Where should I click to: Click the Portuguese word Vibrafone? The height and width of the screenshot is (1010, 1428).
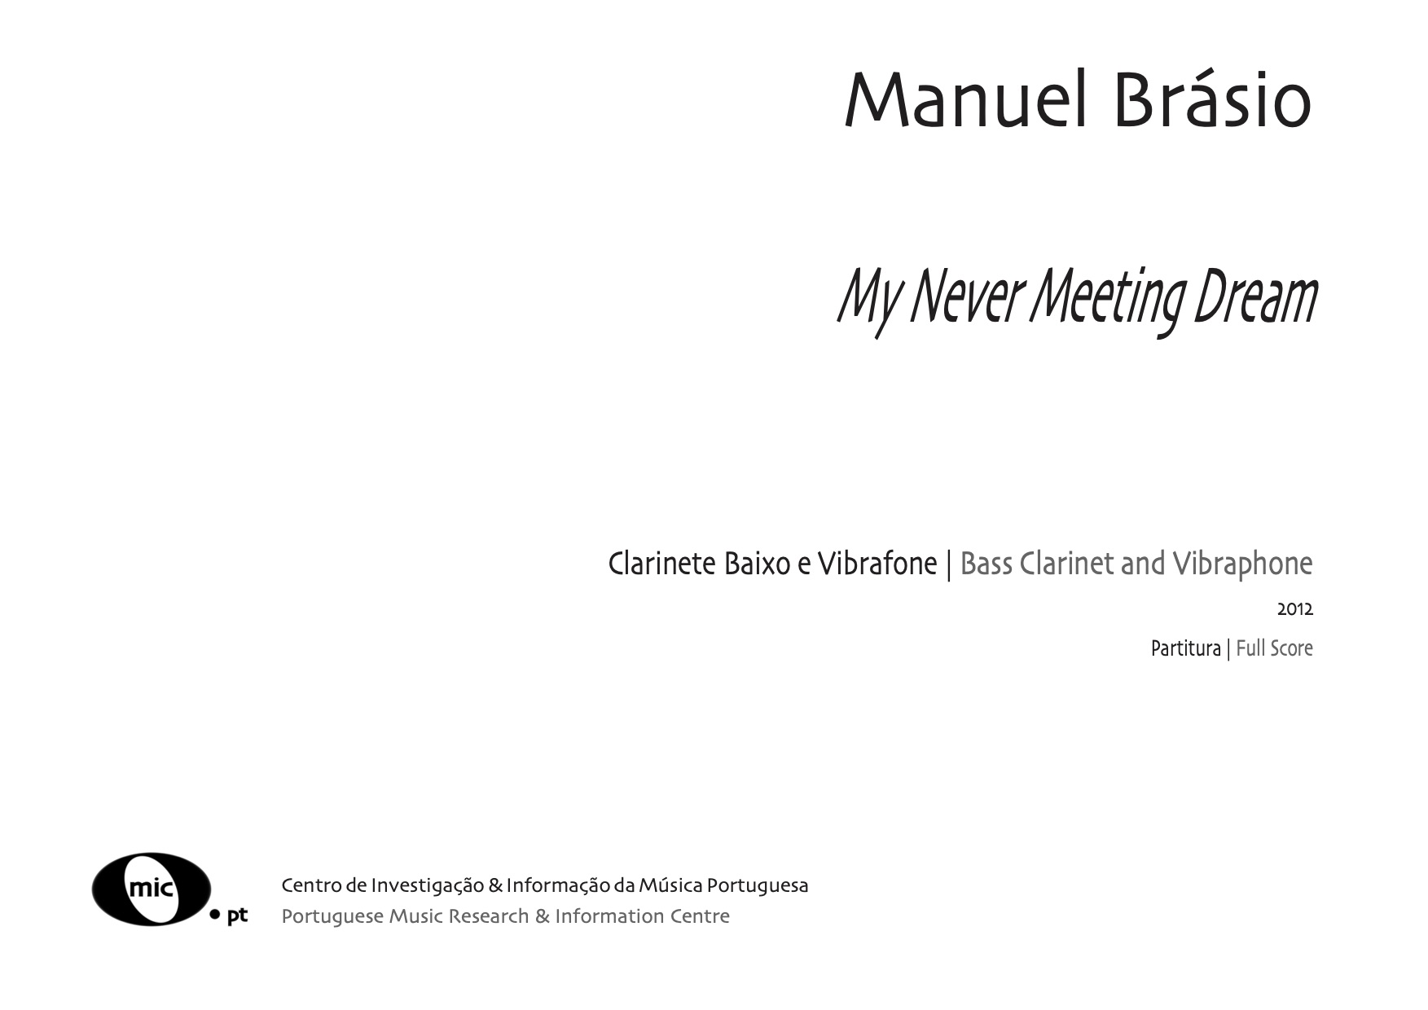pyautogui.click(x=877, y=564)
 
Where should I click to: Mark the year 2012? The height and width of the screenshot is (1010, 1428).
pyautogui.click(x=1295, y=609)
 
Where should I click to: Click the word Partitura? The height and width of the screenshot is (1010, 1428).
pyautogui.click(x=1185, y=648)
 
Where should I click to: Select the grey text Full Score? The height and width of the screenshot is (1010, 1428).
pyautogui.click(x=1275, y=648)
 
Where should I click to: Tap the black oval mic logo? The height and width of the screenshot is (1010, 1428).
pyautogui.click(x=152, y=889)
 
